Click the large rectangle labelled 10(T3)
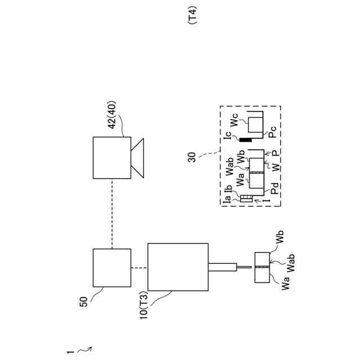click(x=177, y=268)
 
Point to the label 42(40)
click(x=111, y=123)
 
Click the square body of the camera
click(x=112, y=157)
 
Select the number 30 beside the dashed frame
click(x=192, y=157)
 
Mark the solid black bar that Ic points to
click(x=244, y=139)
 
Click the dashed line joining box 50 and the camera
click(x=112, y=213)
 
